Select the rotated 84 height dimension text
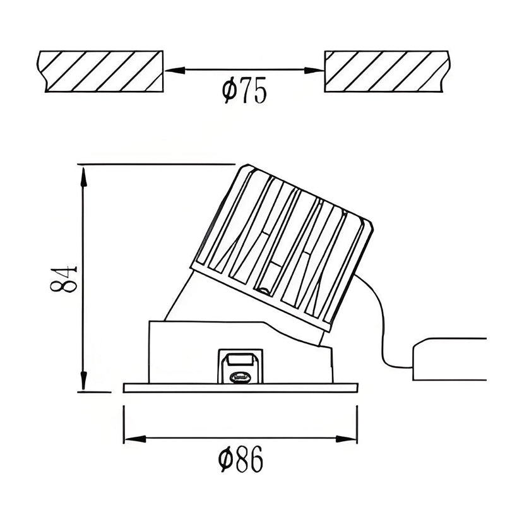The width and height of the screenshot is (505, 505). coord(63,278)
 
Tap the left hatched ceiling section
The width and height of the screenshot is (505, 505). coord(101,71)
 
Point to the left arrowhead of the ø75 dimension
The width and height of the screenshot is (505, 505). coord(172,70)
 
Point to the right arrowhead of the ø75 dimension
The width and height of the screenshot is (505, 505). coord(318,70)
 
